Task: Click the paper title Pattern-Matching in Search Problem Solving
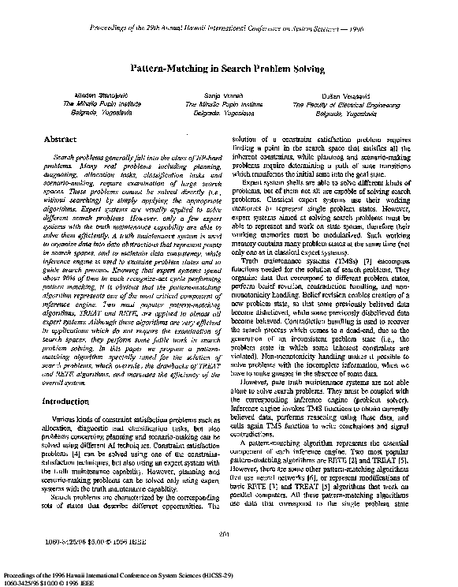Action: [x=228, y=69]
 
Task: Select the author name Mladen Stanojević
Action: [x=80, y=95]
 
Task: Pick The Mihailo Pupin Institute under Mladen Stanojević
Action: [x=80, y=103]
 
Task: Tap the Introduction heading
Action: [x=65, y=402]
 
